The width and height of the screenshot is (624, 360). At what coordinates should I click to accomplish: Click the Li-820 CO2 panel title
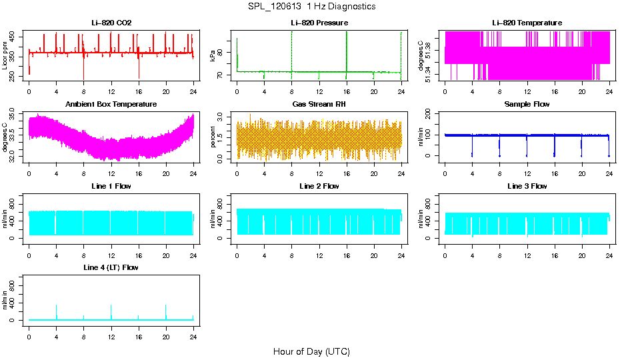111,23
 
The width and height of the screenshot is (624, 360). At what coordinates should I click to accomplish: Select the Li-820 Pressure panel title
319,23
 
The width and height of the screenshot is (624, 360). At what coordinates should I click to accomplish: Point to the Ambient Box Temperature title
111,105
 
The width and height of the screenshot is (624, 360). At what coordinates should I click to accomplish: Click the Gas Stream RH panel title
319,105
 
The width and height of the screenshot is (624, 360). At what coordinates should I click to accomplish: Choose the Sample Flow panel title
527,105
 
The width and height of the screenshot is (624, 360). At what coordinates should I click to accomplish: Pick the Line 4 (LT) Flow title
111,267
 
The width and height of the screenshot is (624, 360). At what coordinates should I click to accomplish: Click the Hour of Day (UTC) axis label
311,351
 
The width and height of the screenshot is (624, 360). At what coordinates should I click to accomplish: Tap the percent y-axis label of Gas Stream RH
213,137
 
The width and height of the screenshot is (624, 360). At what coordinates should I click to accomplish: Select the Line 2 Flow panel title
319,186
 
